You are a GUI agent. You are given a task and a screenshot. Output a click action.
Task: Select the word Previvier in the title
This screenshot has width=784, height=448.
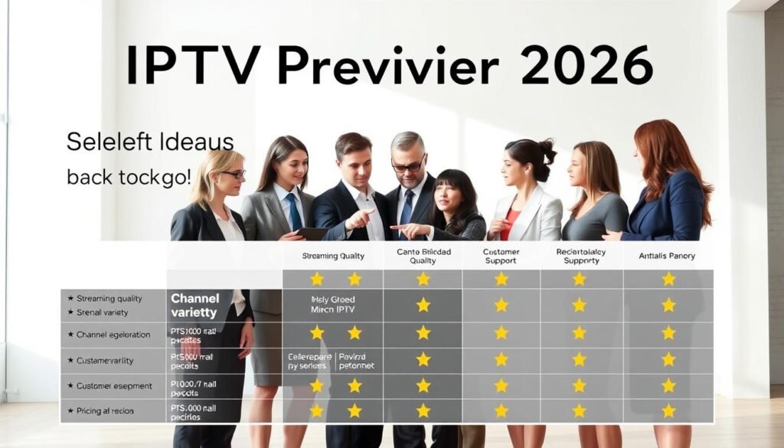click(387, 65)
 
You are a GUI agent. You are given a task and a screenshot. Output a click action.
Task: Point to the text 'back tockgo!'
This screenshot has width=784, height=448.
click(129, 178)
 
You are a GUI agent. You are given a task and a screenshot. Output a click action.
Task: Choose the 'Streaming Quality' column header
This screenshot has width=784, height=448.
click(333, 256)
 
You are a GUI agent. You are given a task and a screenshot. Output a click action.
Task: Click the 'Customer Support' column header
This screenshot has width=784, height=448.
click(501, 256)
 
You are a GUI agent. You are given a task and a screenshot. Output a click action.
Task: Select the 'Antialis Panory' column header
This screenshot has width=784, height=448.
click(667, 256)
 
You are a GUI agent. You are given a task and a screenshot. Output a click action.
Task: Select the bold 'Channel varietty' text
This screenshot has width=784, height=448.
click(194, 304)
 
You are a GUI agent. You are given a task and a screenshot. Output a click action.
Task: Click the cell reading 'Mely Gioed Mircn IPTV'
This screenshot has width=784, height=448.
click(333, 304)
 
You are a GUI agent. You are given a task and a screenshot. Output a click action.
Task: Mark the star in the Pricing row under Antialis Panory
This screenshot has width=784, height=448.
click(668, 410)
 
